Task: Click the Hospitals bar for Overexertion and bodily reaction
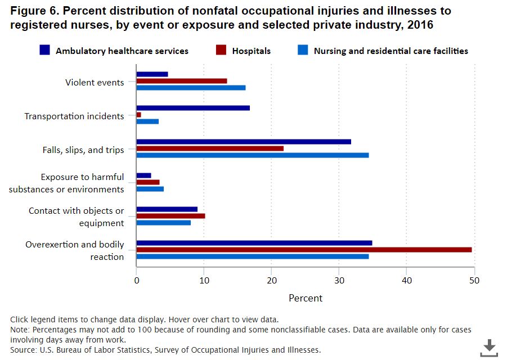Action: click(x=304, y=250)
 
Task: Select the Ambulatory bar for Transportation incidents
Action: click(x=193, y=108)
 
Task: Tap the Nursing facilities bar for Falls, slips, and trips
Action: click(x=253, y=155)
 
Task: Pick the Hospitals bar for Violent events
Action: click(x=182, y=81)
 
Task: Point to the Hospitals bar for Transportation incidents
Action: click(x=139, y=115)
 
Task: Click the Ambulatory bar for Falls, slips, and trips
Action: click(x=244, y=142)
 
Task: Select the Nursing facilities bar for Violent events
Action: click(x=191, y=88)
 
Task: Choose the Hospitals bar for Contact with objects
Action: click(x=171, y=216)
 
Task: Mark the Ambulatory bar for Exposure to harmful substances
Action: click(x=143, y=175)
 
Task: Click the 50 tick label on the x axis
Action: click(x=474, y=280)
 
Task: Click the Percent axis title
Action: click(x=306, y=298)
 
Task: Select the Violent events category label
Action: click(x=95, y=83)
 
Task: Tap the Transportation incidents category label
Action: click(x=74, y=116)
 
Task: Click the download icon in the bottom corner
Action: click(x=488, y=347)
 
